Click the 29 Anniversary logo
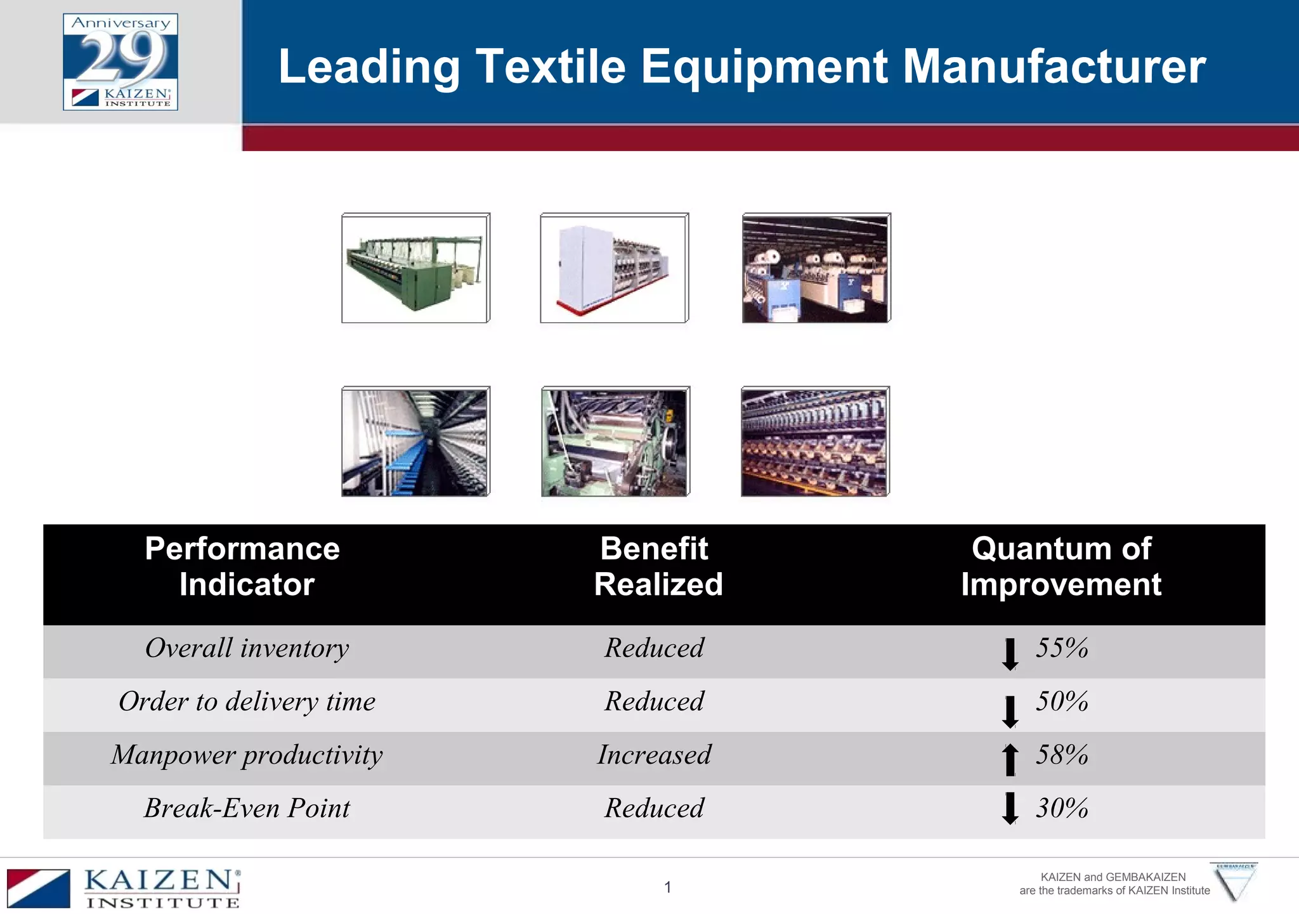point(121,62)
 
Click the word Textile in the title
point(551,67)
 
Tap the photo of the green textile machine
point(415,268)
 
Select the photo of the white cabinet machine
point(614,268)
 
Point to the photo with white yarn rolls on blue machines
point(816,268)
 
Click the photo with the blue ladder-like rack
point(415,441)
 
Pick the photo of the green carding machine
point(615,441)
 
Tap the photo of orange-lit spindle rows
point(815,441)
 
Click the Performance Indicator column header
point(243,566)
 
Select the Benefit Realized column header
point(657,566)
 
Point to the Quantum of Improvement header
point(1061,566)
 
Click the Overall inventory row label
point(247,648)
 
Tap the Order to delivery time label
point(247,702)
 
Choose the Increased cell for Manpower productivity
point(655,755)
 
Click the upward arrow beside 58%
point(1010,759)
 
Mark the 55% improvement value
point(1062,648)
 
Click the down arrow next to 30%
point(1010,808)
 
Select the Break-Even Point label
point(247,808)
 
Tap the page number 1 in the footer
point(668,887)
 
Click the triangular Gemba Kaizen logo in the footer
point(1234,882)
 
